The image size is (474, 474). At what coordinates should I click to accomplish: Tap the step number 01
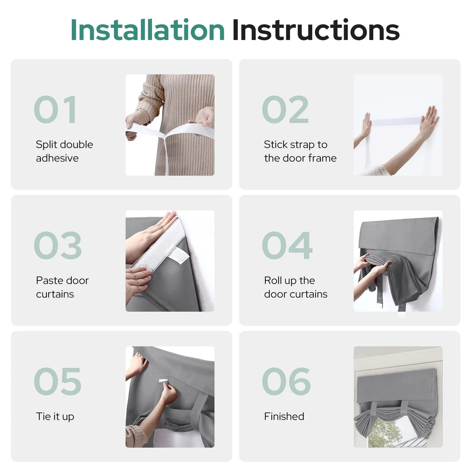pyautogui.click(x=55, y=110)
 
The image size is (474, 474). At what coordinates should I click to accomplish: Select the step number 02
pyautogui.click(x=285, y=110)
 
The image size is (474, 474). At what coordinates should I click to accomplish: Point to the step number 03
pyautogui.click(x=58, y=245)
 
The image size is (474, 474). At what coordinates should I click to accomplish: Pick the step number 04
pyautogui.click(x=287, y=245)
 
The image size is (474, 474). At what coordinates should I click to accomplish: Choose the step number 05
pyautogui.click(x=57, y=381)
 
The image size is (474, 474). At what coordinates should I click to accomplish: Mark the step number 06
pyautogui.click(x=286, y=381)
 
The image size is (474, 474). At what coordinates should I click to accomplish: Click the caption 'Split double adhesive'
pyautogui.click(x=64, y=151)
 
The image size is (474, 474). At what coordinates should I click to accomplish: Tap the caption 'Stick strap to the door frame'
pyautogui.click(x=300, y=151)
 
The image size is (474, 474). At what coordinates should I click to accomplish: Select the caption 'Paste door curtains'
pyautogui.click(x=62, y=287)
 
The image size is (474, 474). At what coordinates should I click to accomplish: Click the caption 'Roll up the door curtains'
pyautogui.click(x=296, y=287)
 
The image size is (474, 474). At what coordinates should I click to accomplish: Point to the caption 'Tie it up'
pyautogui.click(x=55, y=417)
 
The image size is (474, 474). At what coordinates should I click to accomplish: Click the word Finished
pyautogui.click(x=284, y=416)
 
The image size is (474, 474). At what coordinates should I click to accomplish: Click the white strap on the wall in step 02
pyautogui.click(x=396, y=121)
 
